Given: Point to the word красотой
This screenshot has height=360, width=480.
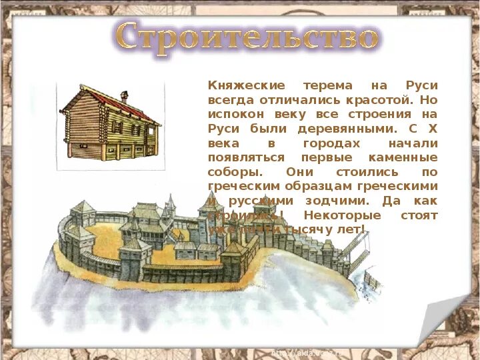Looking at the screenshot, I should coord(375,100).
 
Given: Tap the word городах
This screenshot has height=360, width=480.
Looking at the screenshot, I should coord(331,143).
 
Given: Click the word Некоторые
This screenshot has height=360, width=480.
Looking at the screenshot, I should coord(342,215).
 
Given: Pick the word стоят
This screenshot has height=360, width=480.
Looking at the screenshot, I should coord(419,215).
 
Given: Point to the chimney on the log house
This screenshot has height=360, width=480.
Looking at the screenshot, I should coord(124,97).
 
